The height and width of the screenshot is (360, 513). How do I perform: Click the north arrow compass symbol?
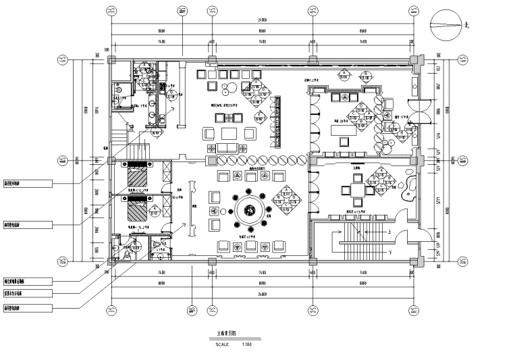pos(447,26)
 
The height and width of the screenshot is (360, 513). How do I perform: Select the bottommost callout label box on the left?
pos(27,307)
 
